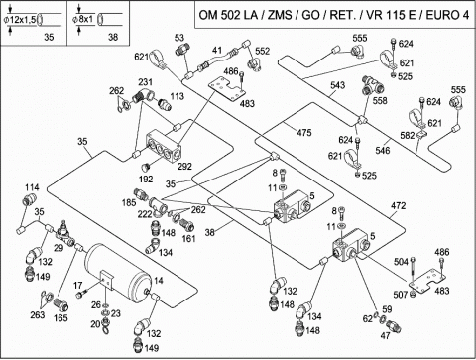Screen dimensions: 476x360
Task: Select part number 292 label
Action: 184,166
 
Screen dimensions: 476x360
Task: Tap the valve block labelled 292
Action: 164,147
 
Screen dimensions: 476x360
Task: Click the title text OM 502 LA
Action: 228,15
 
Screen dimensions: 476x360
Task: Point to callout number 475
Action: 304,133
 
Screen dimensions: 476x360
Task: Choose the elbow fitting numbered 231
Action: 143,95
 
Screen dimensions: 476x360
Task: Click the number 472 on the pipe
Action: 398,206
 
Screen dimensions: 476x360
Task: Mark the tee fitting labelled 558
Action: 374,85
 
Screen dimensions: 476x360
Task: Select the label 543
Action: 337,85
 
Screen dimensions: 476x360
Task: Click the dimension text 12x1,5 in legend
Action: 22,20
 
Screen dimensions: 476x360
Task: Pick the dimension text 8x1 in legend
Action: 86,19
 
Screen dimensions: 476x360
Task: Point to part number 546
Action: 383,151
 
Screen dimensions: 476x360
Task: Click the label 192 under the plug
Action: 146,179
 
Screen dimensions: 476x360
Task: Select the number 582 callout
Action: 408,135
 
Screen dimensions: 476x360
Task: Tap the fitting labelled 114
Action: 30,200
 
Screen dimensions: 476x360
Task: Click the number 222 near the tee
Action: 145,214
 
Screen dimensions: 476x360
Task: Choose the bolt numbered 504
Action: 413,270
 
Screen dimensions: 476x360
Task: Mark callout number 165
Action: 60,317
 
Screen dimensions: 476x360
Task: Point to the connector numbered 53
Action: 182,50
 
